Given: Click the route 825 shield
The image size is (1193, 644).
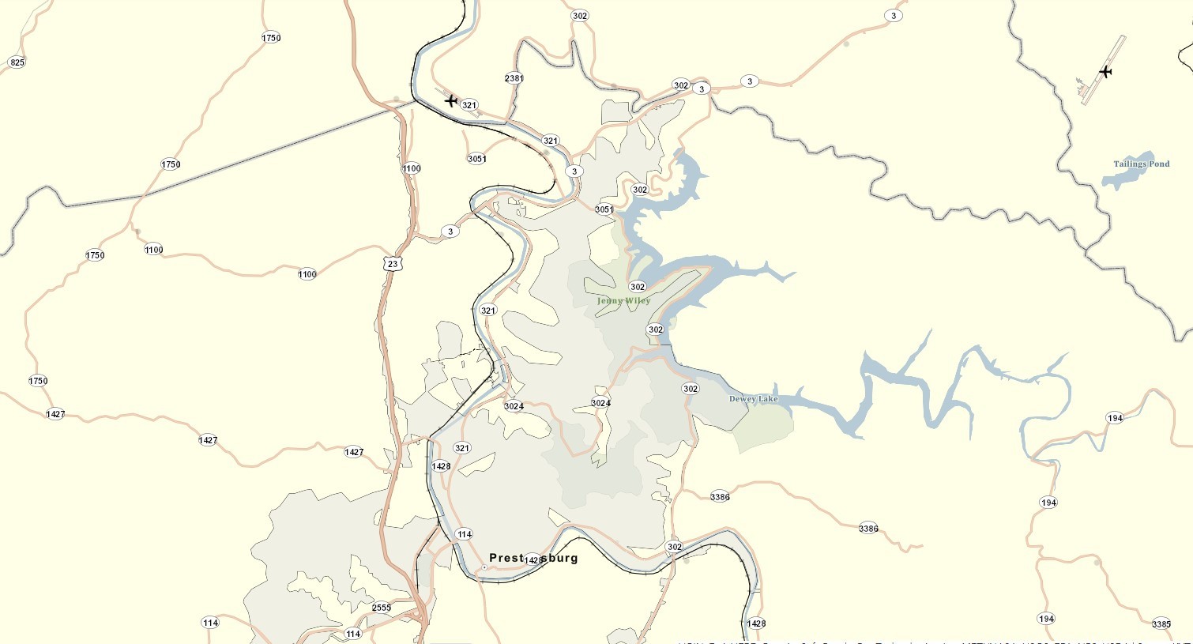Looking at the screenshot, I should (x=17, y=62).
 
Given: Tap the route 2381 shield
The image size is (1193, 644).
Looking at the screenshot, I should (x=514, y=78).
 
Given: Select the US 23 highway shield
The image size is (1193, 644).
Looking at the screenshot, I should (x=393, y=264).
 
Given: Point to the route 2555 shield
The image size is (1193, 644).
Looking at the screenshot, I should (x=382, y=608).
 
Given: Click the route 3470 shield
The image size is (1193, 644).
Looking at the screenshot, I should (x=1161, y=624).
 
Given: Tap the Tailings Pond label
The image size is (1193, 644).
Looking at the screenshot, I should (x=1141, y=164).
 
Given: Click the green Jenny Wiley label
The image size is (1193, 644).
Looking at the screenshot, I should (x=623, y=301).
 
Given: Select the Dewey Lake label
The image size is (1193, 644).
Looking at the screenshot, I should (x=753, y=399).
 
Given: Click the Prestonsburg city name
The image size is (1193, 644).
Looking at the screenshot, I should (x=533, y=558).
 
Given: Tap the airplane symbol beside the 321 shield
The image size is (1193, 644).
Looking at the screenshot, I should (x=451, y=100).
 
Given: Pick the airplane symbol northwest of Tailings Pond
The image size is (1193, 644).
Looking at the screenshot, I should (x=1105, y=72).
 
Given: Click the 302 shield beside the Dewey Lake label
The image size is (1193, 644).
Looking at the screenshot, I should (x=691, y=389).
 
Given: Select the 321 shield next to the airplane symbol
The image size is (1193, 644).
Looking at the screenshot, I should (x=469, y=105).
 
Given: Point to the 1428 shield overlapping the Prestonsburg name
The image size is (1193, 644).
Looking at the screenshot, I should (x=534, y=560).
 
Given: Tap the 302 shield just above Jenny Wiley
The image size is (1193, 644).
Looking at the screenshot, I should (x=638, y=287).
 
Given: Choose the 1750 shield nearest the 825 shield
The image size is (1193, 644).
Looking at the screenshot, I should (x=271, y=38).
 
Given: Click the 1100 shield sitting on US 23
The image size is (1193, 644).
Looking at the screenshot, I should (x=412, y=168).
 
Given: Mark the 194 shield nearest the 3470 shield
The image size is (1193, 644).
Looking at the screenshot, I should (x=1047, y=619).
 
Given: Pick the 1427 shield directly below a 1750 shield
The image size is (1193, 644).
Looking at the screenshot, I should (x=55, y=414).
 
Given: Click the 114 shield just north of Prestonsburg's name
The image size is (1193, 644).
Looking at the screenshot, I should (x=465, y=534).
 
